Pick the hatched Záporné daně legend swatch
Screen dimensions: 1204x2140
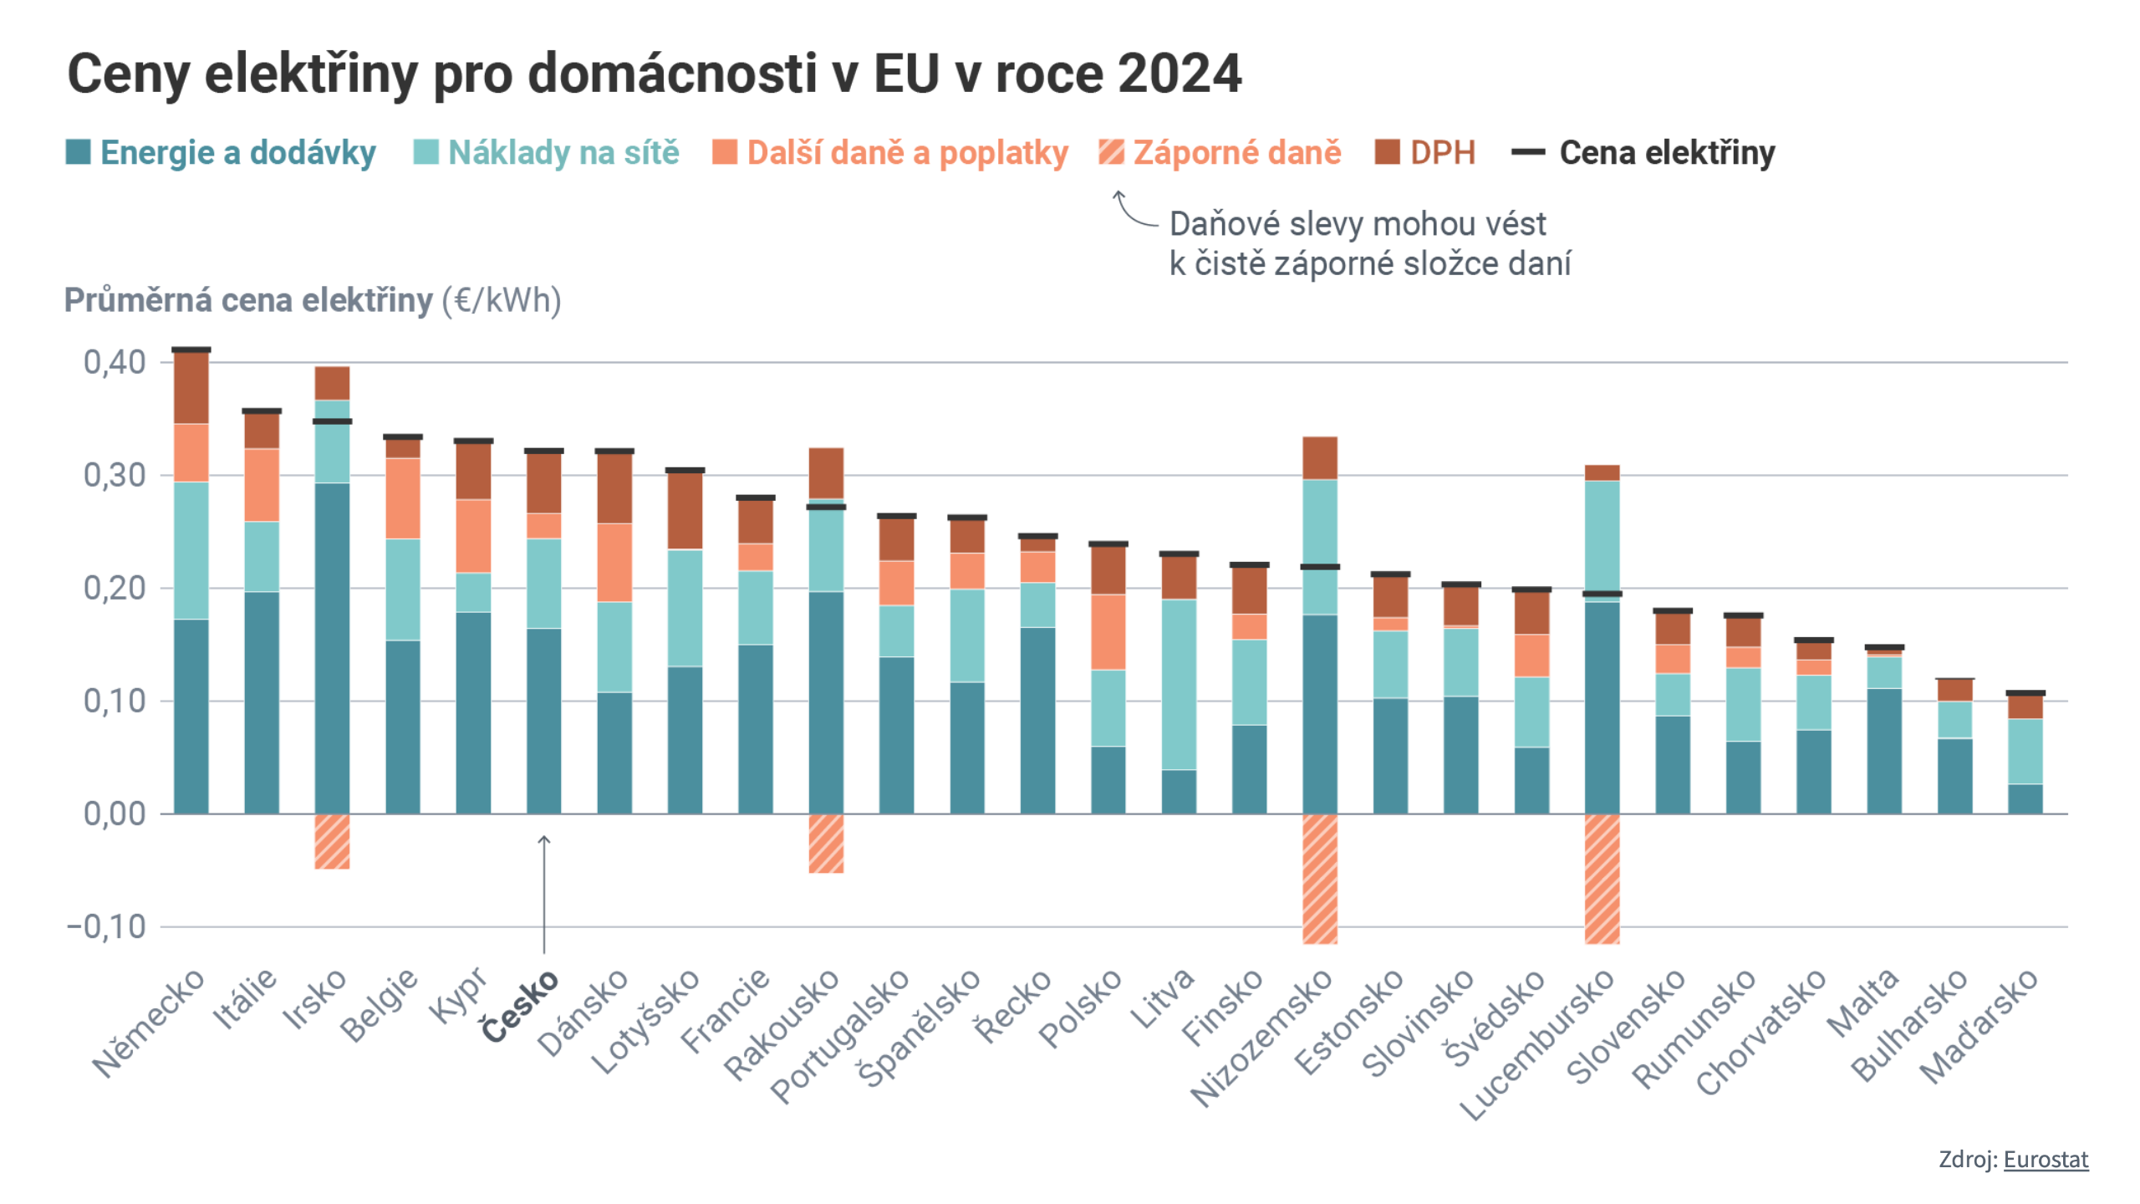click(x=1111, y=152)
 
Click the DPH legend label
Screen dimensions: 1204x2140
click(x=1442, y=152)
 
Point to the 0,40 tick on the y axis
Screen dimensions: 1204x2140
click(x=115, y=362)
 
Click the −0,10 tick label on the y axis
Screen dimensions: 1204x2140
click(x=106, y=926)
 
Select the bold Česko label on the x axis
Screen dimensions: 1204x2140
click(x=520, y=1005)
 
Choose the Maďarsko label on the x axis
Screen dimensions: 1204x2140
click(x=1979, y=1025)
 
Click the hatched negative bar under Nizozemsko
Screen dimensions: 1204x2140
click(x=1320, y=878)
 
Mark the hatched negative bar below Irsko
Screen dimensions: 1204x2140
click(x=332, y=841)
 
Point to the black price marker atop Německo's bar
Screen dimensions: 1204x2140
click(x=191, y=349)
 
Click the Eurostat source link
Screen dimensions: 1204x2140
click(x=2046, y=1160)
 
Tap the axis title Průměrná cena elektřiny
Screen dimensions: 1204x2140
click(x=248, y=300)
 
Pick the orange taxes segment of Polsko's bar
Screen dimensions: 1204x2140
click(x=1108, y=631)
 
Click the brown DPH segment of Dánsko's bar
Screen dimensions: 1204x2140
click(x=614, y=488)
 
